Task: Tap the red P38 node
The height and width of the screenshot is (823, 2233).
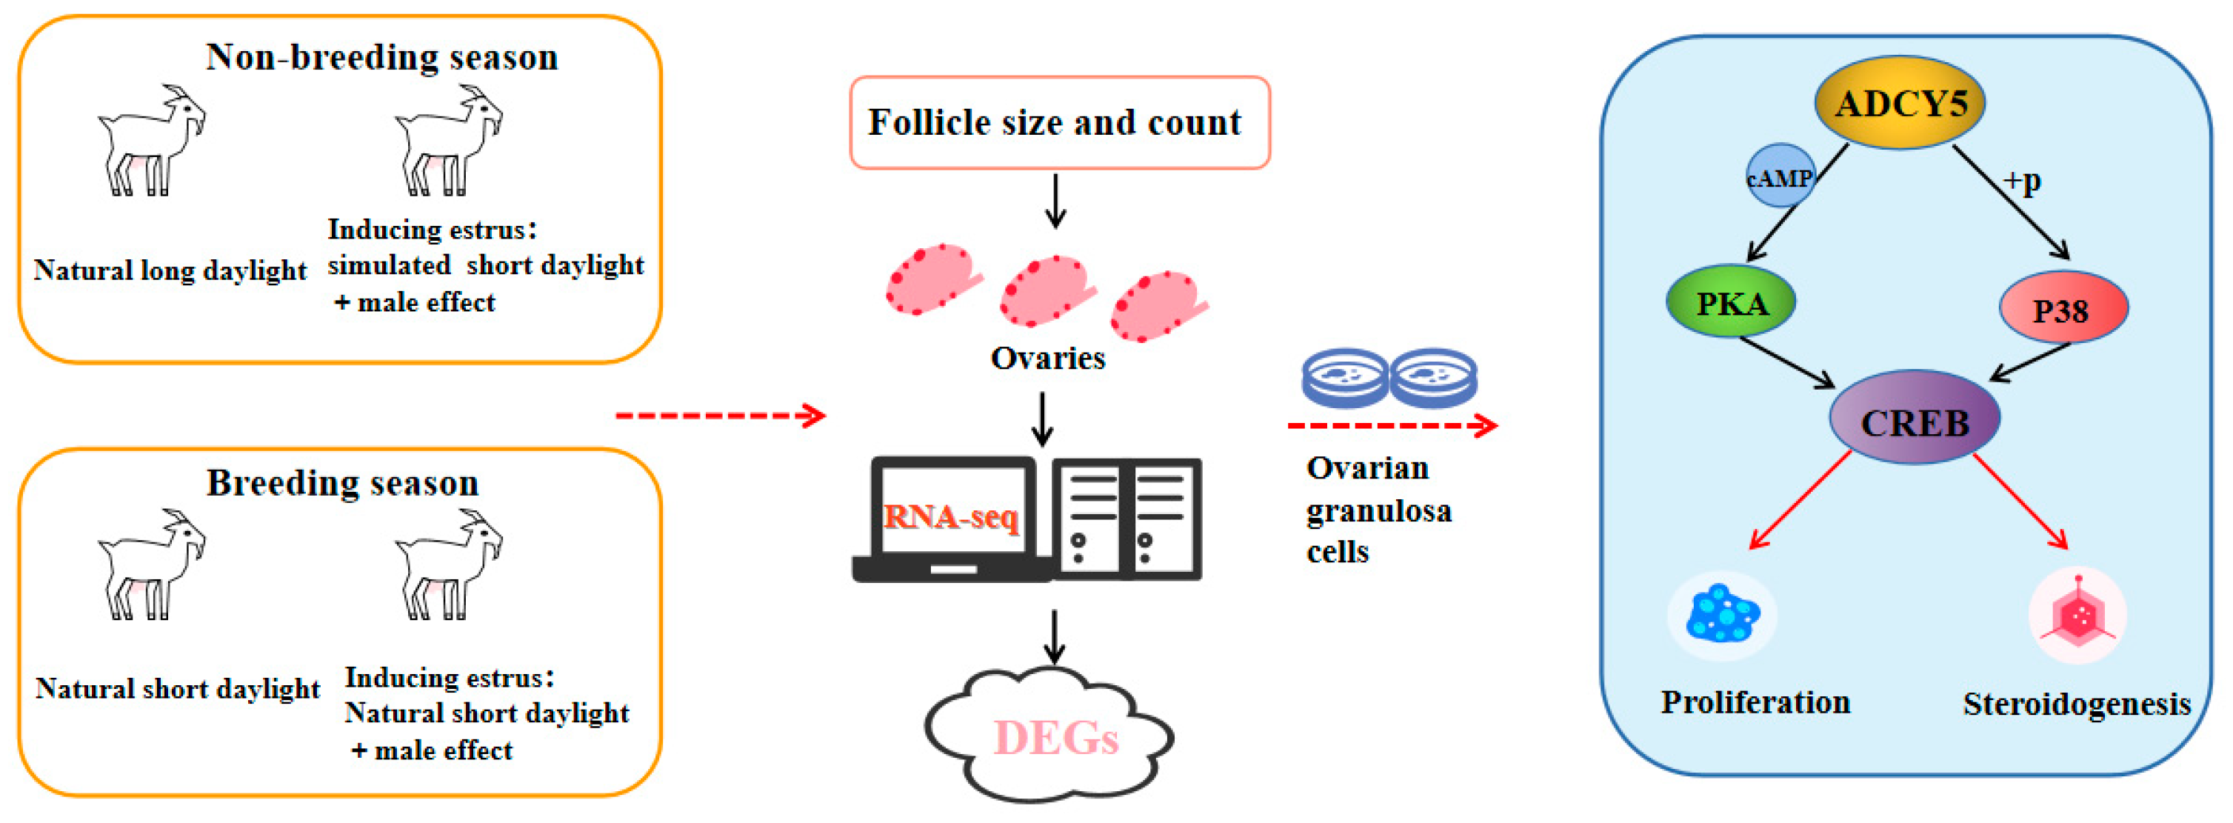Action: click(x=2062, y=309)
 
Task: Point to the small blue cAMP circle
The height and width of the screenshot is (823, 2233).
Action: click(x=1778, y=177)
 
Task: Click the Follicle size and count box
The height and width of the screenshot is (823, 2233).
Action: click(x=1058, y=122)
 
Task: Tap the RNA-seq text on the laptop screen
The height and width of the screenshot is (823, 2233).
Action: click(x=951, y=517)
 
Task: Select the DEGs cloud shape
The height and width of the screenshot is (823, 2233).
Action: click(x=1052, y=737)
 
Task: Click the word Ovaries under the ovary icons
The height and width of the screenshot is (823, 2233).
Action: click(x=1047, y=357)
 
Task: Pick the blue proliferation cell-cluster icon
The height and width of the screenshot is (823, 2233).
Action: click(x=1721, y=615)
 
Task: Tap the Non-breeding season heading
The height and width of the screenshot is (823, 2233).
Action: click(x=381, y=57)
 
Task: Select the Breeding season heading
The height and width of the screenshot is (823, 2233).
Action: click(x=342, y=483)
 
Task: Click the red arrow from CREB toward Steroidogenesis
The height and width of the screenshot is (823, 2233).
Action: click(x=2020, y=502)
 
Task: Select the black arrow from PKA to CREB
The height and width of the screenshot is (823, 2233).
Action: click(x=1786, y=361)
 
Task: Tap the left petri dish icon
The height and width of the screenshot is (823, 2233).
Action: click(x=1344, y=378)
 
